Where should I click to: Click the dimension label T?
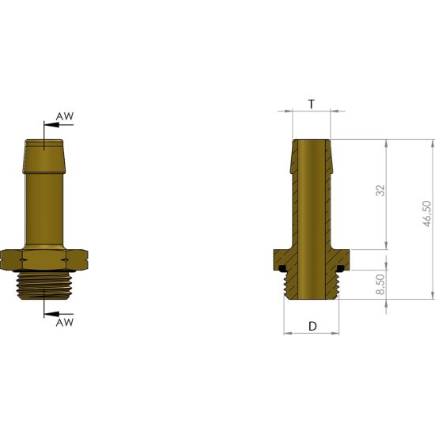312,104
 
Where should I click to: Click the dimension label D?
312,326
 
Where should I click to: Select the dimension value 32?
380,191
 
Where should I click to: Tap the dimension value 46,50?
426,214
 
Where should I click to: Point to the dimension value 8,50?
380,285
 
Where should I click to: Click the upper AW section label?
65,116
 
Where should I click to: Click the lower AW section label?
65,323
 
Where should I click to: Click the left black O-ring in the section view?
282,268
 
